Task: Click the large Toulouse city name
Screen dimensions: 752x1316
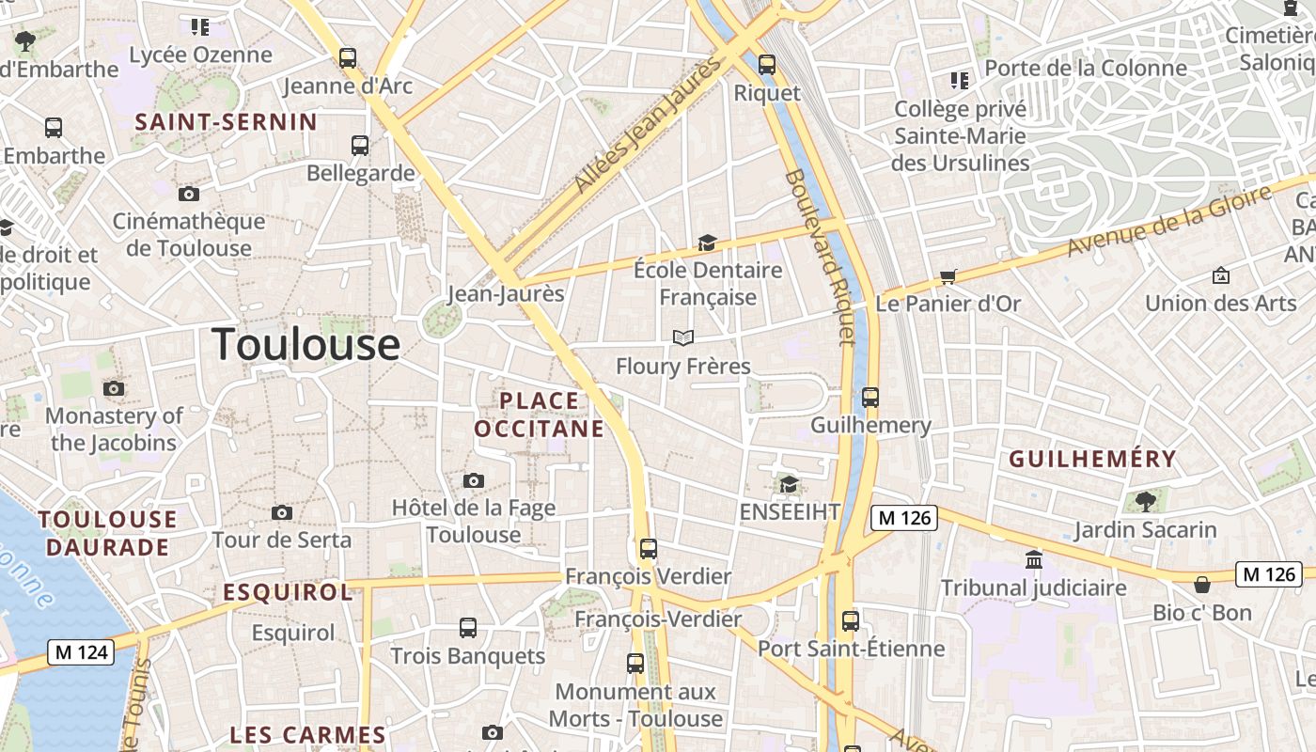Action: (305, 345)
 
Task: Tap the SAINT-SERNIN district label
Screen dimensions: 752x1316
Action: (226, 122)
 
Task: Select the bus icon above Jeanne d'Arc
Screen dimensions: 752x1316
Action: (348, 58)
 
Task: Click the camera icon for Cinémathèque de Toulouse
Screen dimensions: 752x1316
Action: (189, 195)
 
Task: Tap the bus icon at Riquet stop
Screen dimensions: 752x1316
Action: (767, 65)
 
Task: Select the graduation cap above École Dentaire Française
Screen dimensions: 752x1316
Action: (707, 243)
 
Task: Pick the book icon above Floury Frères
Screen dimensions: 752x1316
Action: (683, 337)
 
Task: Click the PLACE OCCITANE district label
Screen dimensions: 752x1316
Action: (539, 415)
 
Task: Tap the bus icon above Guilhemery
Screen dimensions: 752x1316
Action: (870, 398)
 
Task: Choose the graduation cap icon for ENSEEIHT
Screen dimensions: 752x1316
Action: (789, 485)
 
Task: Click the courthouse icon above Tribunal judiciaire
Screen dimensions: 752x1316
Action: (1034, 560)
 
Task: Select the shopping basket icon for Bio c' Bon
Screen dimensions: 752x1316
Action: (1202, 585)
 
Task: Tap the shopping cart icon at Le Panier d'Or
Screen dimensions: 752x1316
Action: (948, 277)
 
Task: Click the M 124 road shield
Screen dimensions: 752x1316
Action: (81, 652)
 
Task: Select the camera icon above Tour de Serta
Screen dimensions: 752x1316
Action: (281, 513)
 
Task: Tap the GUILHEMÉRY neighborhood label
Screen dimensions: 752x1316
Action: (1092, 459)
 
